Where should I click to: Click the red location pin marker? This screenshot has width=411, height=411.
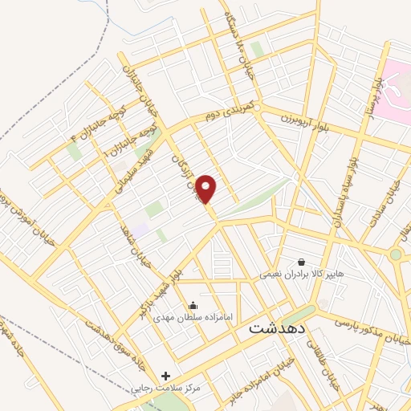click(x=207, y=189)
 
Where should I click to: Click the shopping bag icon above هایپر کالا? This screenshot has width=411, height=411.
click(x=301, y=262)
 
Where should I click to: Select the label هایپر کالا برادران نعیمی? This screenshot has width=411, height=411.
click(x=300, y=275)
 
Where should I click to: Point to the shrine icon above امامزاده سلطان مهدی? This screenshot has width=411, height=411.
click(x=193, y=305)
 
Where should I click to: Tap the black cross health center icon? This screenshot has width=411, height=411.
click(x=165, y=375)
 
